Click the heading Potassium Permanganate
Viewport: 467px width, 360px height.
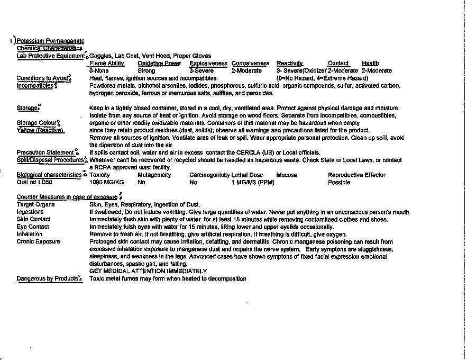(50, 41)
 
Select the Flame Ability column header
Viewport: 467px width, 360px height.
(107, 64)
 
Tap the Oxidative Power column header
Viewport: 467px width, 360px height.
(159, 64)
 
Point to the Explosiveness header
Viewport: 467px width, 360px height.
(208, 64)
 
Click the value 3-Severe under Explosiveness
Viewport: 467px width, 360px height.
(202, 70)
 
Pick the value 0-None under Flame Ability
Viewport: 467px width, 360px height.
(99, 70)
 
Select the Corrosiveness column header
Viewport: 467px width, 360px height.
(250, 64)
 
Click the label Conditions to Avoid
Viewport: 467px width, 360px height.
(42, 78)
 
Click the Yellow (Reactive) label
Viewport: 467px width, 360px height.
(40, 130)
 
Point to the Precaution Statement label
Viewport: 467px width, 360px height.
(45, 152)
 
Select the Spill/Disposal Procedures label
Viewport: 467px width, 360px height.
(50, 159)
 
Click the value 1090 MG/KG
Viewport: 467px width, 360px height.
(106, 182)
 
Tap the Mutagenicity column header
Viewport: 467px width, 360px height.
(154, 175)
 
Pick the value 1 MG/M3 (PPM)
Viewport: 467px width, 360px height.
(253, 182)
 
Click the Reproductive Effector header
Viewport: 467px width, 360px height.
(356, 175)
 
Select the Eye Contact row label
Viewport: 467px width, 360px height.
(33, 227)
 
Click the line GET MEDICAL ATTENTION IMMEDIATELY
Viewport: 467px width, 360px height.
(148, 271)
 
